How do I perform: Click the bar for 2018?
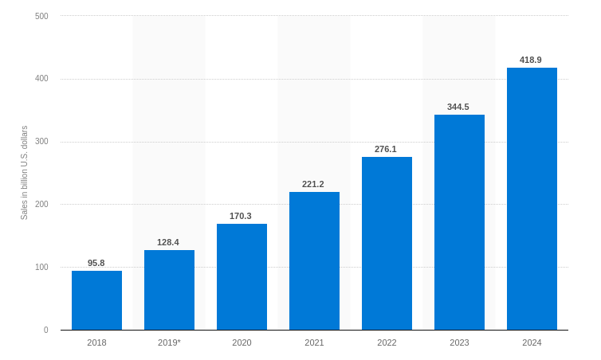pyautogui.click(x=96, y=300)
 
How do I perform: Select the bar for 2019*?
pyautogui.click(x=169, y=290)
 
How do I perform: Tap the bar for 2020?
pyautogui.click(x=242, y=276)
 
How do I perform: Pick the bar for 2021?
pyautogui.click(x=314, y=260)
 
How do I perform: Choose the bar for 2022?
pyautogui.click(x=387, y=243)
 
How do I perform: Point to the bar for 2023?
pyautogui.click(x=459, y=222)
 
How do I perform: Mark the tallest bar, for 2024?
pyautogui.click(x=532, y=198)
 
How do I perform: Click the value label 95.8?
pyautogui.click(x=96, y=263)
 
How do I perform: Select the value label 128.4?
pyautogui.click(x=168, y=242)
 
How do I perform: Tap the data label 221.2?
pyautogui.click(x=313, y=184)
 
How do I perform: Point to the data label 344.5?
pyautogui.click(x=458, y=107)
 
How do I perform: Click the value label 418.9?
pyautogui.click(x=531, y=60)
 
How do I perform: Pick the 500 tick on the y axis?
pyautogui.click(x=41, y=16)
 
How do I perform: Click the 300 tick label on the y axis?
pyautogui.click(x=41, y=142)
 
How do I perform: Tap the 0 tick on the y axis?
pyautogui.click(x=45, y=330)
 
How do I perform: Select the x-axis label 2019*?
pyautogui.click(x=169, y=342)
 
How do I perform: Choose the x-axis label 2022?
pyautogui.click(x=387, y=342)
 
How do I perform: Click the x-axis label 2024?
pyautogui.click(x=532, y=342)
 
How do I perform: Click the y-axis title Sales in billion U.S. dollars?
pyautogui.click(x=24, y=173)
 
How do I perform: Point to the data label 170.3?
pyautogui.click(x=241, y=216)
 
